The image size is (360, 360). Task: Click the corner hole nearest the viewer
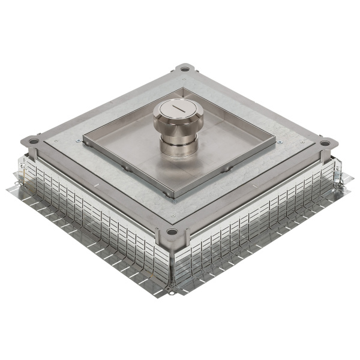pyautogui.click(x=172, y=232)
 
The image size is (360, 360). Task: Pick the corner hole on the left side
pyautogui.click(x=34, y=142)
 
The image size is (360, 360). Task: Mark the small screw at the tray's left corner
pyautogui.click(x=79, y=140)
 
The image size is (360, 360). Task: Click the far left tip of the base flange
pyautogui.click(x=8, y=191)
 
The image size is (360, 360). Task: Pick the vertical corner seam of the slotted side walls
pyautogui.click(x=172, y=264)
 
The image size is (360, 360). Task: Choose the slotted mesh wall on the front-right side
pyautogui.click(x=258, y=216)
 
